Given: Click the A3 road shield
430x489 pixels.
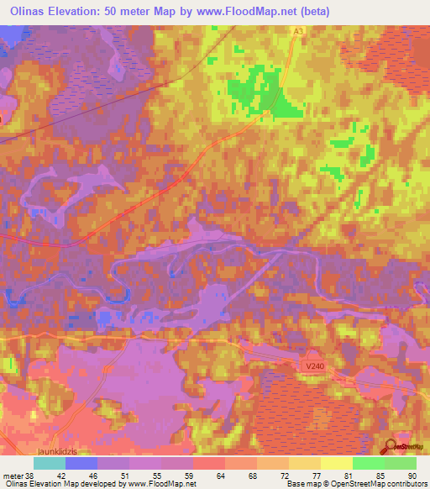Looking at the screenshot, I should (x=299, y=30).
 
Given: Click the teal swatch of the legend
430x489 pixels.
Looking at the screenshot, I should (x=50, y=463).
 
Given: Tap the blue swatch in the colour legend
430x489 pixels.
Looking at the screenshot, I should (x=81, y=463).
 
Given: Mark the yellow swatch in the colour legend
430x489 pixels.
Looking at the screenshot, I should (x=337, y=463).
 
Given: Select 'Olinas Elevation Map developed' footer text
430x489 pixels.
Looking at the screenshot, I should (x=50, y=484).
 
